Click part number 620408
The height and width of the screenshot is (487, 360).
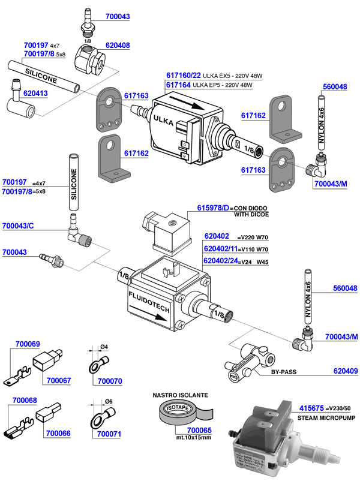118,45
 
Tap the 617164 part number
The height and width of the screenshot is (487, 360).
178,85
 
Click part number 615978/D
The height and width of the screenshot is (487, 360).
214,208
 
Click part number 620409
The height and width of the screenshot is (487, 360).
345,371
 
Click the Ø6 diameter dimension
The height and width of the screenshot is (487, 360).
103,402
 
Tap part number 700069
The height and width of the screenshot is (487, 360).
27,344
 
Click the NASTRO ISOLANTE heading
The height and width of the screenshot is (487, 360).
180,395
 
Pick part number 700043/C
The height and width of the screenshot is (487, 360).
18,226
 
